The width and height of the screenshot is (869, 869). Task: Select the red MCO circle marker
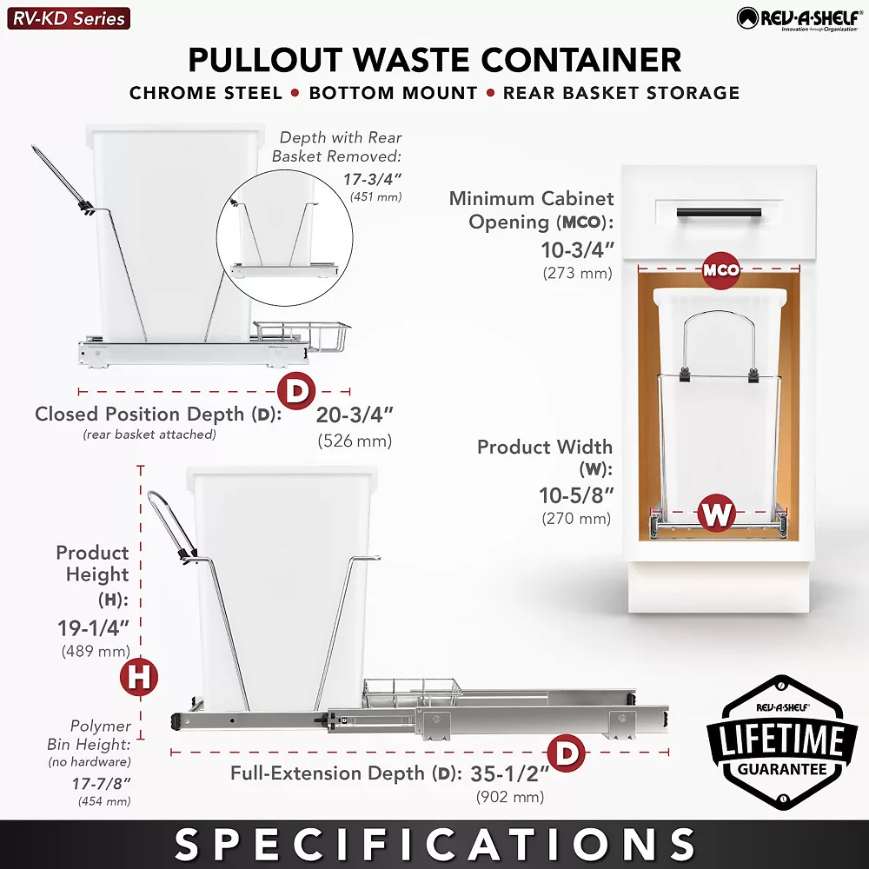click(721, 270)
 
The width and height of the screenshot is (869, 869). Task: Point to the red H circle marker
click(139, 678)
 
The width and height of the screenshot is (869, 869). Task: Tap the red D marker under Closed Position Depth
click(296, 391)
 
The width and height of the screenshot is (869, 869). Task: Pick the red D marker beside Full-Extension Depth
click(567, 753)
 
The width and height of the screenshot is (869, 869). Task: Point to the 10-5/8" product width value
click(576, 496)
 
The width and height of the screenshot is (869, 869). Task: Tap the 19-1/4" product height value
click(94, 628)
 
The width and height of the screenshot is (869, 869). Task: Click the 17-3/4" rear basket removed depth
click(373, 179)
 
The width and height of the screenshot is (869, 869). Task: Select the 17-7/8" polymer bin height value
click(101, 783)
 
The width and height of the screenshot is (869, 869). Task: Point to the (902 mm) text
click(510, 796)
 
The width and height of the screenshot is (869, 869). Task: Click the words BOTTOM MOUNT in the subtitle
click(394, 92)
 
